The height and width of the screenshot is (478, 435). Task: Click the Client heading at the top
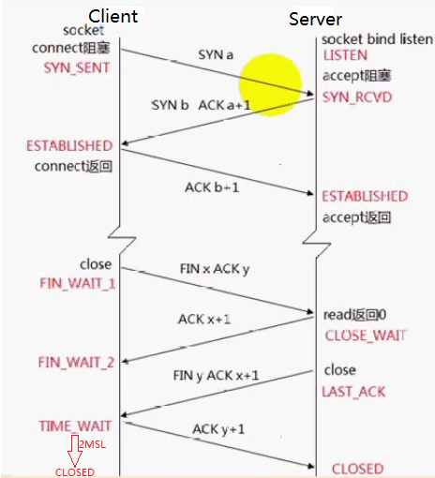pos(113,16)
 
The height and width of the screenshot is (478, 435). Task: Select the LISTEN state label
pos(345,57)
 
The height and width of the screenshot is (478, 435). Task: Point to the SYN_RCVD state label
pos(357,98)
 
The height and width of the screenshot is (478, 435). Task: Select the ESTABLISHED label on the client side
pos(69,146)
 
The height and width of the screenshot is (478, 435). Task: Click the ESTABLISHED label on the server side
pos(365,196)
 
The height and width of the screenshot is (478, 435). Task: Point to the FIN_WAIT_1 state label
pos(77,282)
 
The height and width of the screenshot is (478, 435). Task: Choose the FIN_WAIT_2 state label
pos(77,362)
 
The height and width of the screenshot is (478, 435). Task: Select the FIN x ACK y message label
pos(215,270)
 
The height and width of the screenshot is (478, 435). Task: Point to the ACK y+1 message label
pos(218,428)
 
